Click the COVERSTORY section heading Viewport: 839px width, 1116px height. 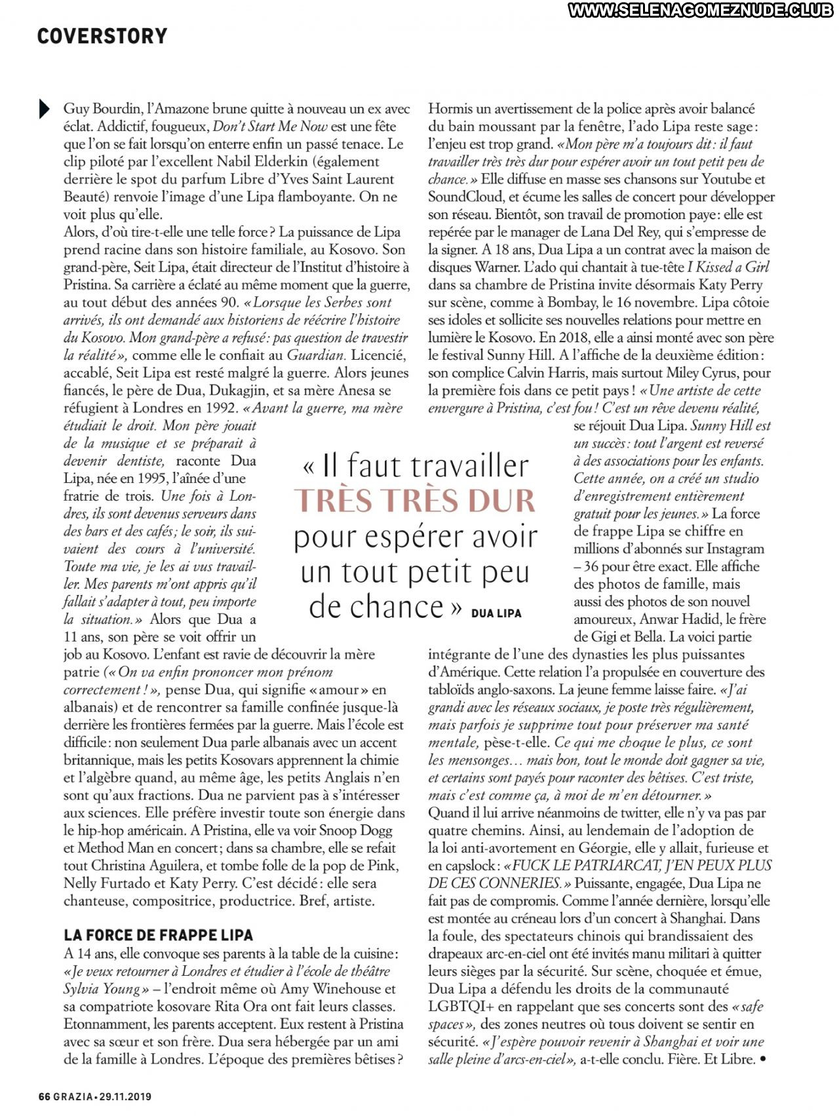[x=102, y=36]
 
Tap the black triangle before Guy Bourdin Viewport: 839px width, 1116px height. [x=44, y=109]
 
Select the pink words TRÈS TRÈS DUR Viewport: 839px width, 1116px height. [x=414, y=501]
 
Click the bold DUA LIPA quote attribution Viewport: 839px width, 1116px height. [x=496, y=613]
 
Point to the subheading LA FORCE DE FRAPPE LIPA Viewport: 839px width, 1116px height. [x=159, y=935]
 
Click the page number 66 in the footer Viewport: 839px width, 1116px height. [x=44, y=1096]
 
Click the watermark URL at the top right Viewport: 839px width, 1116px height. [x=702, y=10]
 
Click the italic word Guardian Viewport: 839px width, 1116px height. [x=316, y=355]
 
